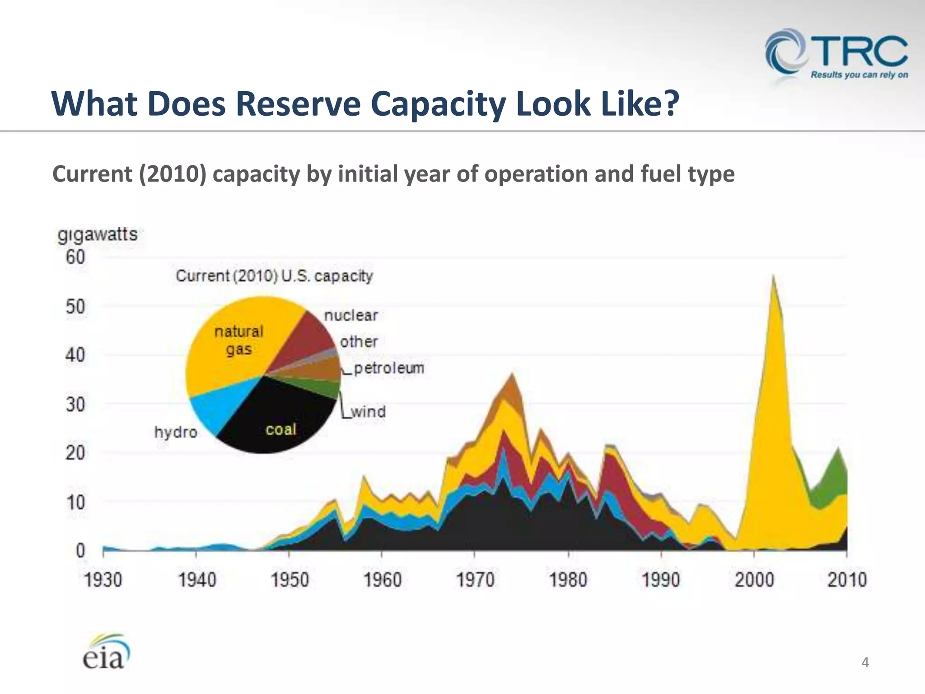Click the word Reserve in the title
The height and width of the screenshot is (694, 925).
[298, 104]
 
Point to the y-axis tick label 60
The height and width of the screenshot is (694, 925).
[75, 258]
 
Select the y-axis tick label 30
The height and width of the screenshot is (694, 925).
[75, 404]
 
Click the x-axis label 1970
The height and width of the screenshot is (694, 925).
[475, 580]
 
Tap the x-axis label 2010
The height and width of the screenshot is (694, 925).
[847, 580]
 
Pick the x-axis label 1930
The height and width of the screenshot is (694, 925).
[103, 580]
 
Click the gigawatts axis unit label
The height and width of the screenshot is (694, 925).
[97, 234]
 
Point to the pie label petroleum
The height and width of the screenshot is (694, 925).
[389, 368]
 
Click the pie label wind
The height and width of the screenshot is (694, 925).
[368, 412]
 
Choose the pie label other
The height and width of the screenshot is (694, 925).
[359, 342]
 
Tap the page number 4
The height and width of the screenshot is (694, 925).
[865, 662]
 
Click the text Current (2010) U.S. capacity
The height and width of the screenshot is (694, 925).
[274, 276]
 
